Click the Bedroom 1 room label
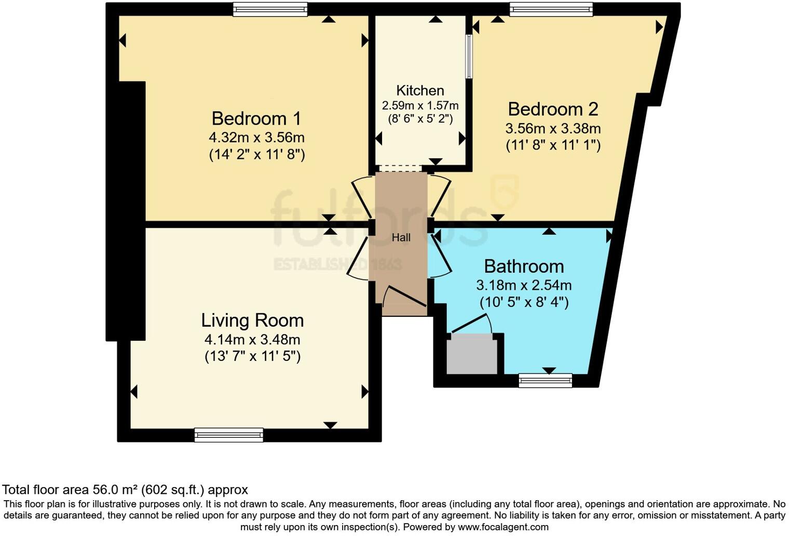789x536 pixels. click(256, 118)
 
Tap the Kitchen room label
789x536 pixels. click(420, 90)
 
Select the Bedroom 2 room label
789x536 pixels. click(553, 109)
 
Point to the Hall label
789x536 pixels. click(401, 238)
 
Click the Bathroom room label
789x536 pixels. click(524, 266)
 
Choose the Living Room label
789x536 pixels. click(252, 320)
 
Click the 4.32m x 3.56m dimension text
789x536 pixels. click(256, 138)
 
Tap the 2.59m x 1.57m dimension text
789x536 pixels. click(420, 105)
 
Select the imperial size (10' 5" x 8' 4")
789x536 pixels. click(524, 302)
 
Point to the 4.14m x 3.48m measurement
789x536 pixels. click(252, 340)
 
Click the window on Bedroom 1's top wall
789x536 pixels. click(270, 9)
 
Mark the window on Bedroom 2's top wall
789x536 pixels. click(551, 9)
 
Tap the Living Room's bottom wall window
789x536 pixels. click(228, 435)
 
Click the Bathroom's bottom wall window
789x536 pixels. click(545, 381)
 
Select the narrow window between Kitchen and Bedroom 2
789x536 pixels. click(469, 56)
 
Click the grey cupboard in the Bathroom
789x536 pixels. click(472, 354)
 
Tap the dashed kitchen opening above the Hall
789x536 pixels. click(400, 168)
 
